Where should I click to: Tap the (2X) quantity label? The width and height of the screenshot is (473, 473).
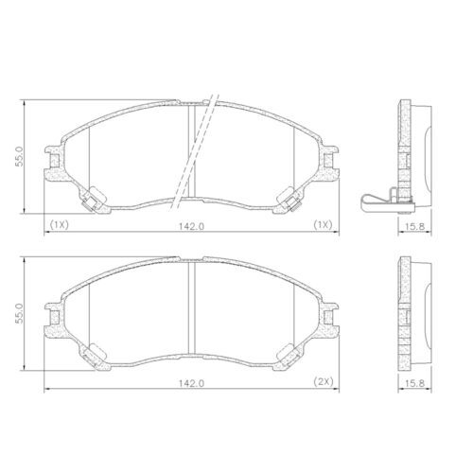324,381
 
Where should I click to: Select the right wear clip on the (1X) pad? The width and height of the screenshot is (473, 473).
294,200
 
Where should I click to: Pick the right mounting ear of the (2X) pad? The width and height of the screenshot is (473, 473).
332,320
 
